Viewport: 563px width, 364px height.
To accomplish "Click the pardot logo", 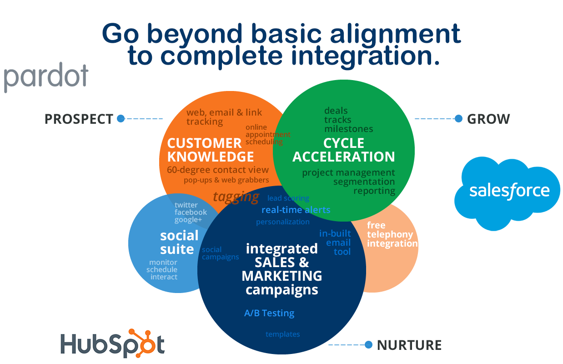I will coord(46,77).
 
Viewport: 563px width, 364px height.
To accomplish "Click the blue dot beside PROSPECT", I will coord(121,119).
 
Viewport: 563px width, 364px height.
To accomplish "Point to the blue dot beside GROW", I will coord(458,119).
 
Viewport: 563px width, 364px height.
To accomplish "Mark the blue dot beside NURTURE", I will coord(368,345).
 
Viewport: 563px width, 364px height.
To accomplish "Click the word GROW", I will coord(488,119).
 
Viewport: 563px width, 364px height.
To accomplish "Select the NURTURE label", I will coord(409,345).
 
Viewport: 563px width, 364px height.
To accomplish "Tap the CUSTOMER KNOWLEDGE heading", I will coord(210,150).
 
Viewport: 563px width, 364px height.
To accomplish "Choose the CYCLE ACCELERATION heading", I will coord(343,150).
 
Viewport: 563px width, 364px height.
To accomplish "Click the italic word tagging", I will coord(236,197).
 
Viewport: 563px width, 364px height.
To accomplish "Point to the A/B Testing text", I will coord(269,313).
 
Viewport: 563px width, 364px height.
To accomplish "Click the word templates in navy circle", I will coord(282,334).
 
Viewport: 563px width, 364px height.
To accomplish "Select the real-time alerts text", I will coord(296,210).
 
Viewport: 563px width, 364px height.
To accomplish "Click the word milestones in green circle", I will coord(348,129).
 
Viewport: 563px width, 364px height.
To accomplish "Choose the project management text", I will coord(348,172).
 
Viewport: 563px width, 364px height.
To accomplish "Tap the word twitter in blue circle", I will coord(186,205).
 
